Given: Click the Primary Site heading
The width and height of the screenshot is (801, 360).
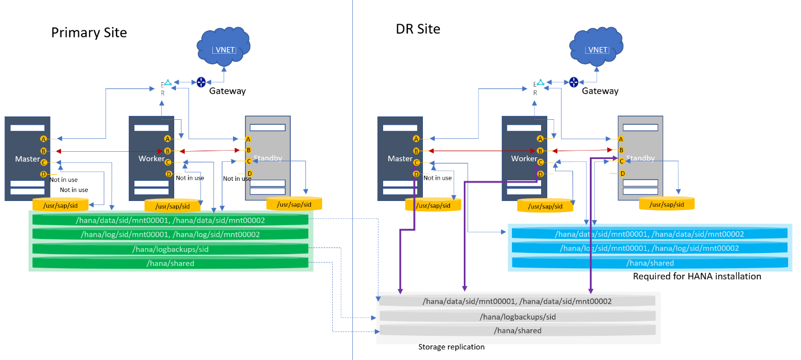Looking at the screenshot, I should click(x=89, y=32).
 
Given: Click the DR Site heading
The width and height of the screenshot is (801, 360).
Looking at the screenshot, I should click(x=418, y=29).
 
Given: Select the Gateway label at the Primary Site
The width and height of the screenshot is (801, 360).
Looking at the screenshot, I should click(x=227, y=91).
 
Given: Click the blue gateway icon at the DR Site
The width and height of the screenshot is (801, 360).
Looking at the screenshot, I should click(x=574, y=82).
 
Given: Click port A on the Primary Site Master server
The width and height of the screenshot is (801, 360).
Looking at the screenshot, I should click(x=43, y=139).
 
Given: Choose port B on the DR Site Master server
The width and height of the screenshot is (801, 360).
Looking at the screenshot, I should click(x=416, y=151).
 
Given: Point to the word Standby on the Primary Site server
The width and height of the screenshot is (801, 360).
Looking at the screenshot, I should click(x=268, y=158).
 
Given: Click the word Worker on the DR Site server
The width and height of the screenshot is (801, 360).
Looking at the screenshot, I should click(x=524, y=159).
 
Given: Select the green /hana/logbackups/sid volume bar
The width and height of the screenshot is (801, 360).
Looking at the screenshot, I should click(x=170, y=249).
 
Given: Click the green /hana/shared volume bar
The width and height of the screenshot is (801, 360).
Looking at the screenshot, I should click(x=170, y=263).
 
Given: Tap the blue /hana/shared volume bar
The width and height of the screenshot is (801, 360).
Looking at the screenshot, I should click(x=650, y=263).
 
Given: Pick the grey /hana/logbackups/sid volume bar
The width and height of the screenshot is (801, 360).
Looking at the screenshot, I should click(x=517, y=317).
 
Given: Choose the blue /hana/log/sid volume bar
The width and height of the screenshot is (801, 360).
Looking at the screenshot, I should click(x=650, y=248).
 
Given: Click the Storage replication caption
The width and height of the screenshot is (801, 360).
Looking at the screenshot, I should click(x=451, y=347).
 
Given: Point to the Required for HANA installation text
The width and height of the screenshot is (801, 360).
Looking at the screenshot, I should click(x=697, y=276).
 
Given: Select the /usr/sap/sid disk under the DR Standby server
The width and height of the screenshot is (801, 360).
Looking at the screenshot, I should click(x=667, y=204).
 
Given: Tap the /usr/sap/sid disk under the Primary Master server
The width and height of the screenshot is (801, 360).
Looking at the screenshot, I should click(x=60, y=205).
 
